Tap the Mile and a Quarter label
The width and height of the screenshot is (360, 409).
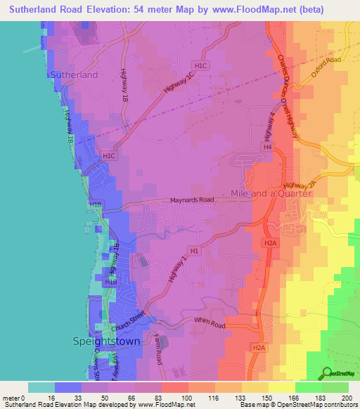(271, 193)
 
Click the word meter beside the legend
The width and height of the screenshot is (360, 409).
(11, 398)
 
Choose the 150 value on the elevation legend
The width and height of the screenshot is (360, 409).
(268, 398)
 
